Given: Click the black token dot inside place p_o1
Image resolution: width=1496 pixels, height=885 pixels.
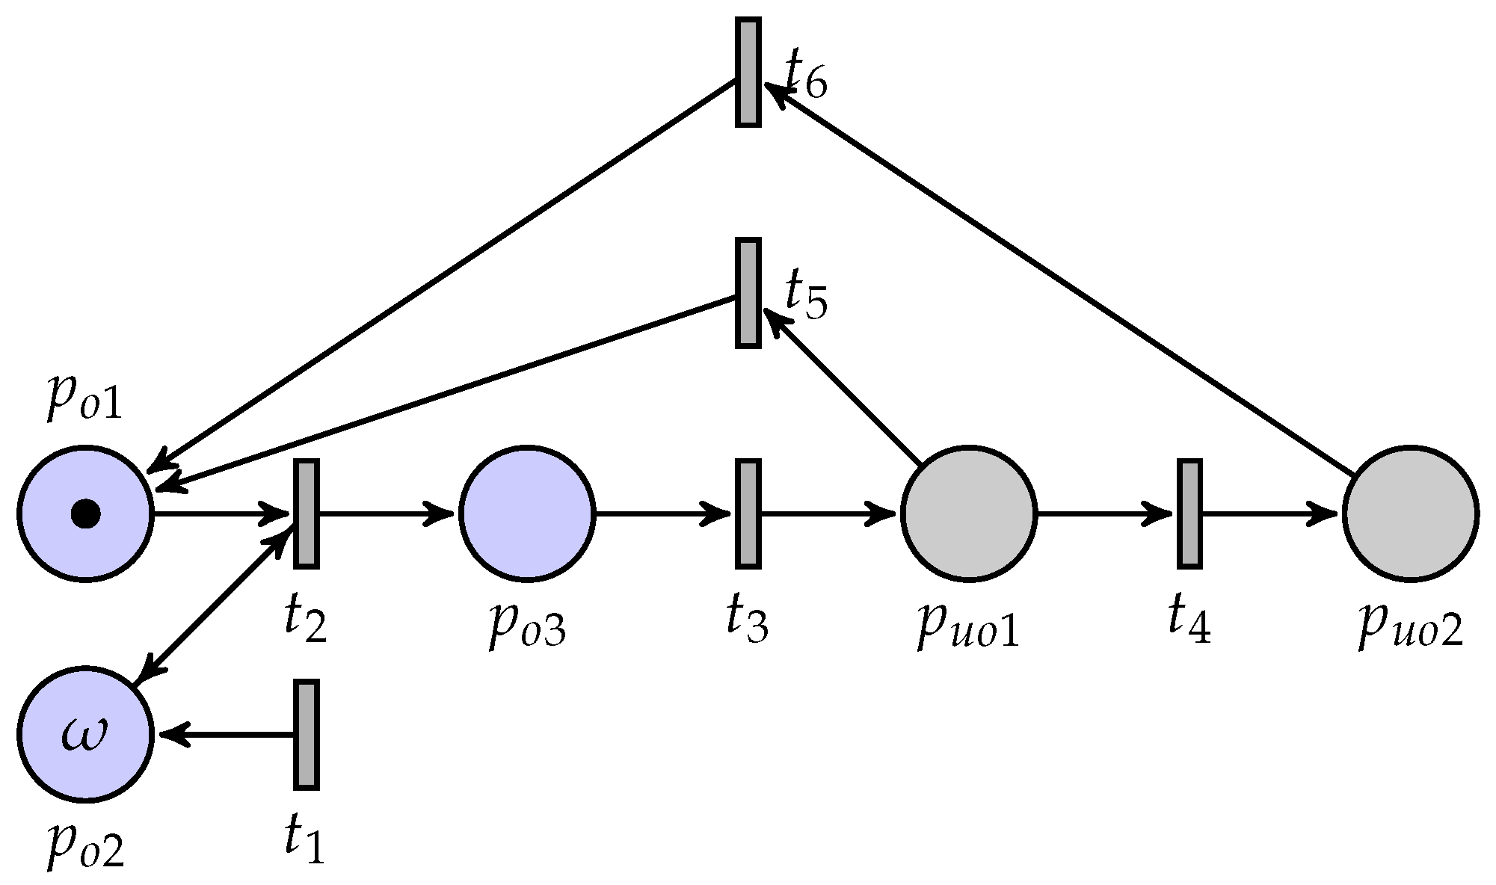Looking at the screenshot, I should coord(85,514).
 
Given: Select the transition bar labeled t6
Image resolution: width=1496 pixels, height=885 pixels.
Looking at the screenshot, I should coord(748,72).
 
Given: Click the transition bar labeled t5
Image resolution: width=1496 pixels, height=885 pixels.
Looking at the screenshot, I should coord(748,293).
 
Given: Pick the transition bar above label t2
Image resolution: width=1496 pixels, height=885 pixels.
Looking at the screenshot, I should coord(306,514).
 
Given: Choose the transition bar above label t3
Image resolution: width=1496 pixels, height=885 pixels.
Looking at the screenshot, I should coord(748,514).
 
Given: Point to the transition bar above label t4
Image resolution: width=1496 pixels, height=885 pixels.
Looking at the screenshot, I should coord(1189,514).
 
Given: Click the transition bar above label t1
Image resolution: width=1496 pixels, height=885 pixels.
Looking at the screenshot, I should coord(306,734).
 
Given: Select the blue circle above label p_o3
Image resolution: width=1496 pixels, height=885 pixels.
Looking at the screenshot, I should coord(527,514).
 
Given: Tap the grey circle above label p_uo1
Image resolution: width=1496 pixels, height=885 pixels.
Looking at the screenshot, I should coord(969,514).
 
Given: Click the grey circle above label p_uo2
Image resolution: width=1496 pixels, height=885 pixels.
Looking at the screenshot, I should coord(1410,514).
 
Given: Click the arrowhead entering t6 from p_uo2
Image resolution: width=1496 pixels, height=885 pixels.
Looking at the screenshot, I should coord(776,96).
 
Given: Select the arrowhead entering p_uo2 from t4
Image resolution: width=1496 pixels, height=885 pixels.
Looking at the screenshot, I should coord(1325,514).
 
